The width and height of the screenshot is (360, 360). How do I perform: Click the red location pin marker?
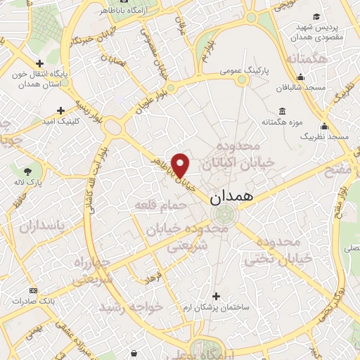pyautogui.click(x=181, y=165)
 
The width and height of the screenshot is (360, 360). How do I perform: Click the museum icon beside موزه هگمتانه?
pyautogui.click(x=282, y=110)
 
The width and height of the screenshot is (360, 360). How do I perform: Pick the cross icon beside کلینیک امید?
pyautogui.click(x=61, y=110)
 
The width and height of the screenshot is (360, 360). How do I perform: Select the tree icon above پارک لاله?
pyautogui.click(x=27, y=171)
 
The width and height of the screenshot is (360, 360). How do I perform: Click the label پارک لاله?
pyautogui.click(x=28, y=183)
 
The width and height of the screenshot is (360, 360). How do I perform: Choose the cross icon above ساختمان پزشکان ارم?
pyautogui.click(x=215, y=296)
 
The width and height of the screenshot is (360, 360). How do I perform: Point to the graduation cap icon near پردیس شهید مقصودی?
pyautogui.click(x=316, y=15)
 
